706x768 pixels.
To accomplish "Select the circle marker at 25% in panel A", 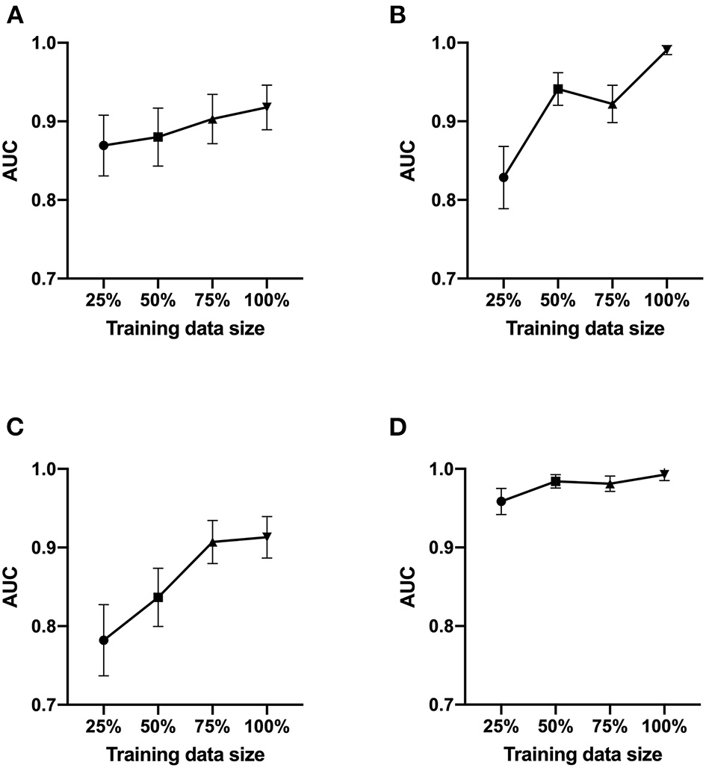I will (104, 145).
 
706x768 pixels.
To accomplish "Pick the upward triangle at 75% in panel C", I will (213, 541).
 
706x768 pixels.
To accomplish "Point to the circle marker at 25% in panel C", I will (104, 640).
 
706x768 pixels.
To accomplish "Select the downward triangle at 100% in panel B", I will (666, 50).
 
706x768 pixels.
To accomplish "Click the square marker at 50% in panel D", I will (557, 481).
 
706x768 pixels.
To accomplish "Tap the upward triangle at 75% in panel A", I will (213, 119).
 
